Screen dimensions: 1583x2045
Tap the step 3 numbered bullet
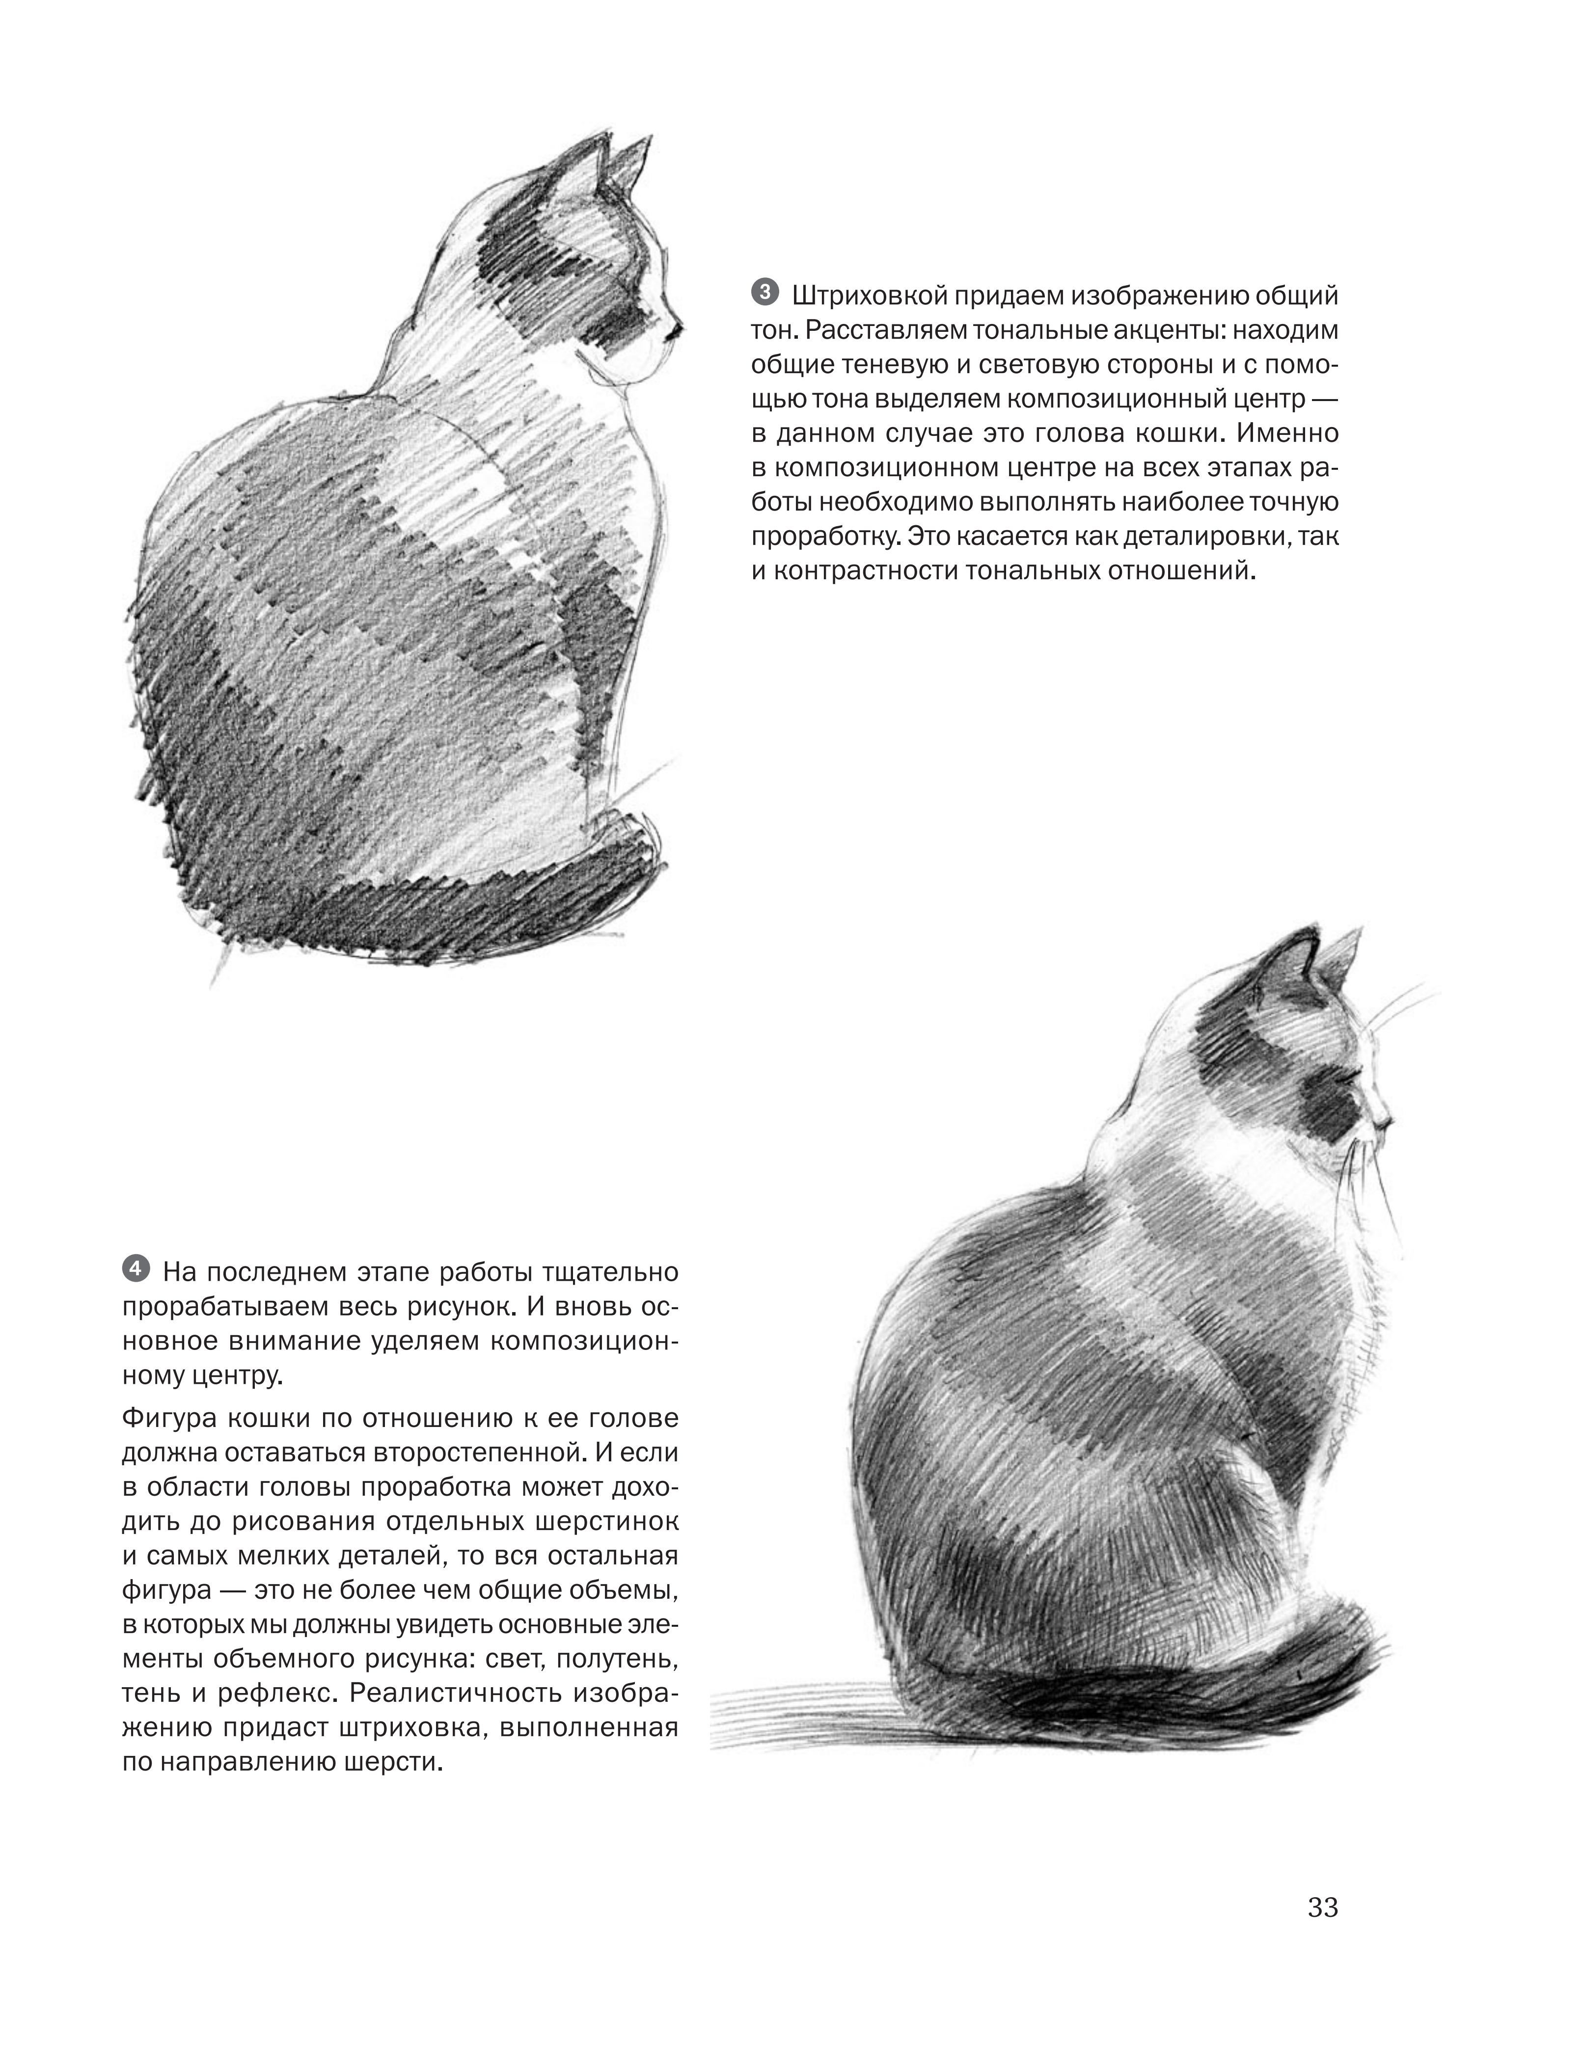pos(764,293)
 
